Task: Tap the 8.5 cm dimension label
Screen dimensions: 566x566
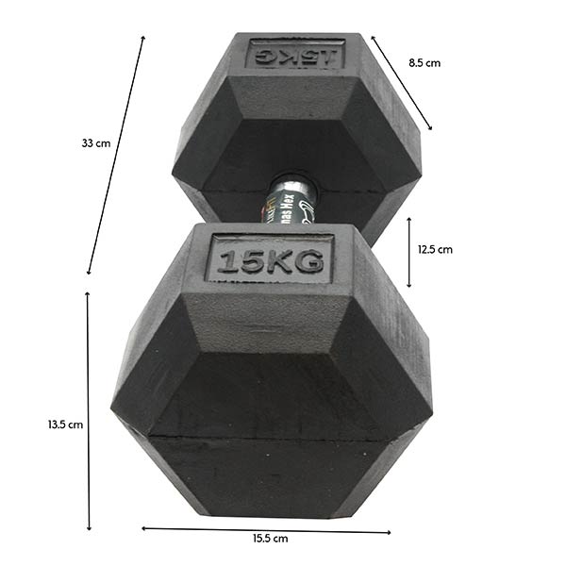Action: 424,63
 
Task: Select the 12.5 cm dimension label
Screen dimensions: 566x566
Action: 435,250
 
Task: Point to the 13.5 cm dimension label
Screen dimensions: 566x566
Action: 65,424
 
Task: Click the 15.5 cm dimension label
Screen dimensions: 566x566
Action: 270,539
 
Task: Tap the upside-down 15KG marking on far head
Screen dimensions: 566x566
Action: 295,53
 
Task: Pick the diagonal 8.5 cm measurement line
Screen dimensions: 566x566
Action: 402,83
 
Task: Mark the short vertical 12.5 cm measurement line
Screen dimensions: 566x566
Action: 408,252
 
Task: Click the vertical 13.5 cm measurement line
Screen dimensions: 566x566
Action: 89,411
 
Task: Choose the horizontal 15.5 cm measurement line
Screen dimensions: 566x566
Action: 266,529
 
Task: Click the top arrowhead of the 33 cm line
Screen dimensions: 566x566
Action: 143,39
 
